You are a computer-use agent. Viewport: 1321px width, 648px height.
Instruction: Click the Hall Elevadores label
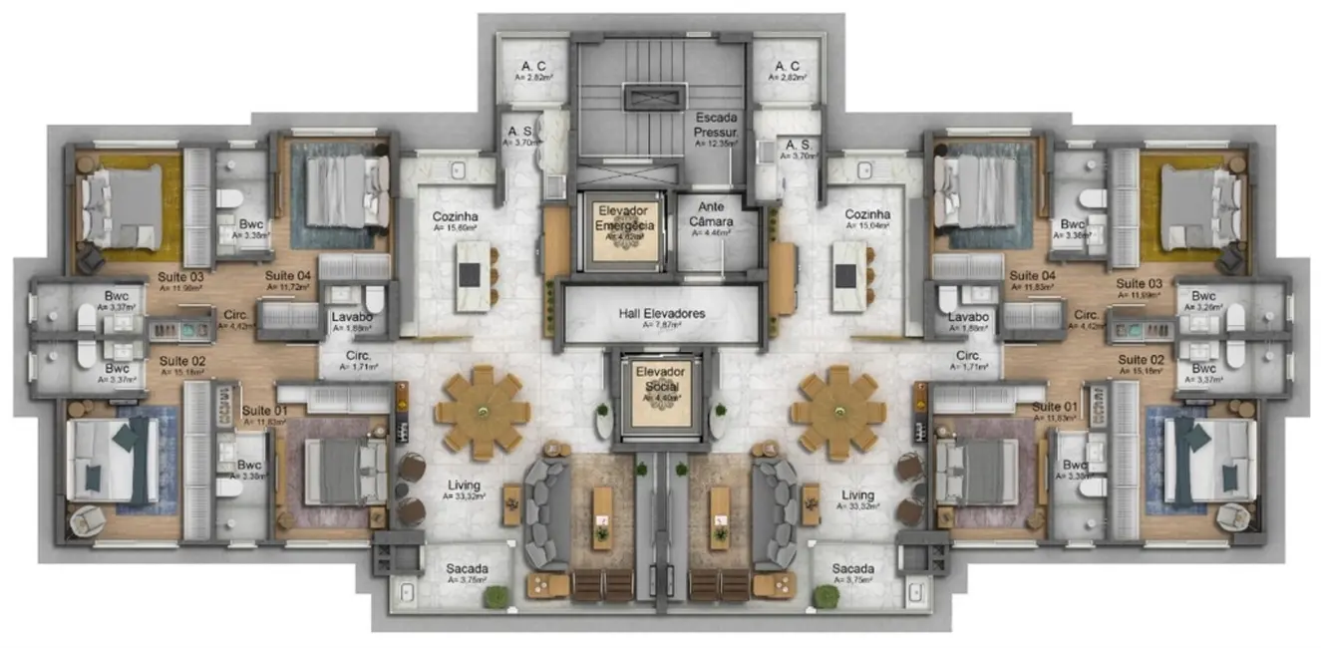point(660,313)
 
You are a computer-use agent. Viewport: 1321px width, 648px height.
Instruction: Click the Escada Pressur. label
point(717,124)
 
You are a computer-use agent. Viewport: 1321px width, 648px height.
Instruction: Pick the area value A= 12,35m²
point(717,144)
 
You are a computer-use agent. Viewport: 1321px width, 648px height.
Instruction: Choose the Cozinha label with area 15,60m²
point(455,215)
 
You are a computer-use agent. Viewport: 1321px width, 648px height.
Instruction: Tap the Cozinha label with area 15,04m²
point(867,215)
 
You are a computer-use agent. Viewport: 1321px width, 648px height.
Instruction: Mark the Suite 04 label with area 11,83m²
point(1032,275)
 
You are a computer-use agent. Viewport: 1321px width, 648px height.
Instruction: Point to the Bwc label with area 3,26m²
point(1203,296)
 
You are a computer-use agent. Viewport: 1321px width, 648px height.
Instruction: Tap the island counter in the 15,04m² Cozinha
point(850,276)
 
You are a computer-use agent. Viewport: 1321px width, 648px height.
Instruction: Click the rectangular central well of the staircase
point(655,97)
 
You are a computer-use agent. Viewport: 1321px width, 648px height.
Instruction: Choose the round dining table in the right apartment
point(838,412)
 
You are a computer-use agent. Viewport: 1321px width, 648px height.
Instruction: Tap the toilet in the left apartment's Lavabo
point(375,300)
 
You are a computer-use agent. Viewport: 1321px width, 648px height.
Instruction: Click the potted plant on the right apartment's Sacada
point(826,596)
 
